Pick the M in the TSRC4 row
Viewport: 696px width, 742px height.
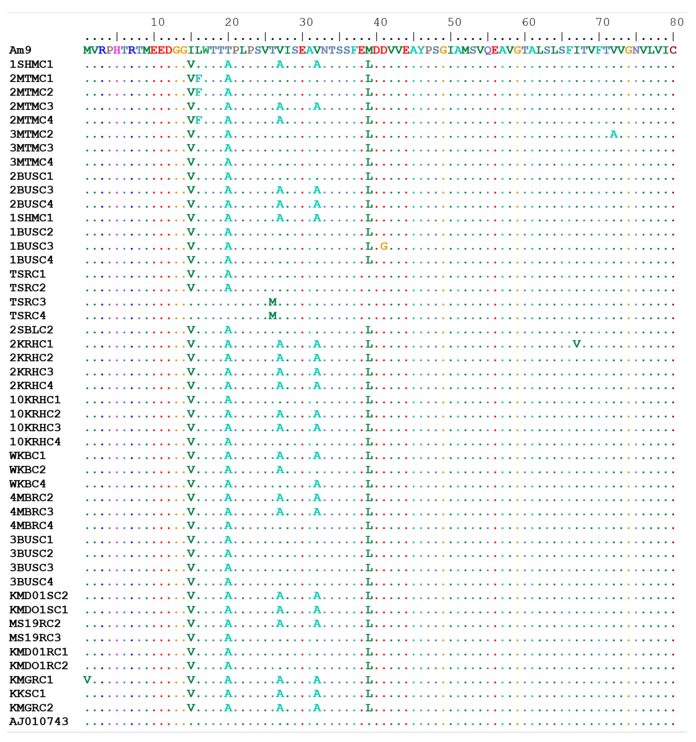click(x=273, y=316)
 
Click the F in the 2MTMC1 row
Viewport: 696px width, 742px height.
click(x=198, y=78)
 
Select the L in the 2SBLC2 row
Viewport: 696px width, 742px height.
click(x=369, y=330)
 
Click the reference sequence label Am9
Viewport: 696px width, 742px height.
click(x=20, y=50)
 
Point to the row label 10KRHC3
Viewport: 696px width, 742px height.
click(x=35, y=428)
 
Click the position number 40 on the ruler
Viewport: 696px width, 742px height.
click(x=380, y=22)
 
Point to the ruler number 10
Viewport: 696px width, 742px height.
click(x=157, y=22)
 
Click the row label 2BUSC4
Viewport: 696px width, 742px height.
click(x=31, y=204)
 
